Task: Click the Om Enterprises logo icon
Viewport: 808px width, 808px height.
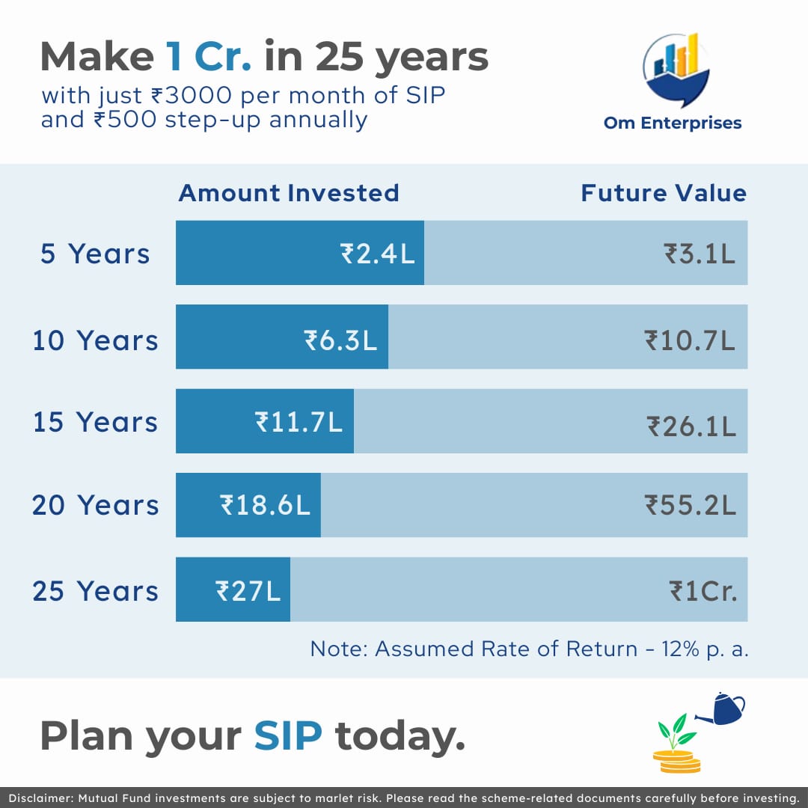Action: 676,70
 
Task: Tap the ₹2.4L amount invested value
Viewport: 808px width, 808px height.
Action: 378,254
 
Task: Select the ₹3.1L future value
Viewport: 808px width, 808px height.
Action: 700,254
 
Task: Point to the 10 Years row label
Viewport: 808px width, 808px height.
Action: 95,340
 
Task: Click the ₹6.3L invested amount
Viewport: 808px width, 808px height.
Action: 340,340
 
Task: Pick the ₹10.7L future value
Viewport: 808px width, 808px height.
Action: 690,340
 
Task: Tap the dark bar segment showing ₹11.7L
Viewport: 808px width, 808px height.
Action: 265,421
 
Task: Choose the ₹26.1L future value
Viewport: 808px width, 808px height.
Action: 691,426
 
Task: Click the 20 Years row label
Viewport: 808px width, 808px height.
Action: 95,505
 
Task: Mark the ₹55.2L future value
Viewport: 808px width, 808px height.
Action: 691,505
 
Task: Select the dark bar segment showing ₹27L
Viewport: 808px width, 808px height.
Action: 233,589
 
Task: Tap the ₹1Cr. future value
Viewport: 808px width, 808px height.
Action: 703,591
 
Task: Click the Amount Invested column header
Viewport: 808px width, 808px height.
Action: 289,193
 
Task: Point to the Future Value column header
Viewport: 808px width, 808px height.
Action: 664,193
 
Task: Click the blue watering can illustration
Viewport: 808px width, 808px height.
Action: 721,709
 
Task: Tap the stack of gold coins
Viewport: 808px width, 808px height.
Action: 676,762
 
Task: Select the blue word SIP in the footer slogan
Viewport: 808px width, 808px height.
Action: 288,736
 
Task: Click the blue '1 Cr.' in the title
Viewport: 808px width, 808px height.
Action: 208,57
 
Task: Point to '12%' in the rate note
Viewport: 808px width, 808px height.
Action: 680,649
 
